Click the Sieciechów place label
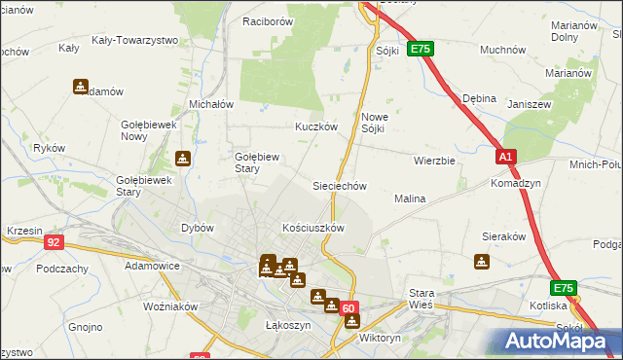click(339, 185)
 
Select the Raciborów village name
click(268, 20)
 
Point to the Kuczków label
click(316, 126)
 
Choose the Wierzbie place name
click(434, 161)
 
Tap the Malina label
click(410, 198)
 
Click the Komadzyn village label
click(516, 183)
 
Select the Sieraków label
click(504, 235)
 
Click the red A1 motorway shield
click(504, 156)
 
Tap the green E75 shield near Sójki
click(420, 48)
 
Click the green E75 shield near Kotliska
click(564, 288)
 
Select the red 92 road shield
click(54, 242)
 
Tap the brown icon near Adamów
click(80, 86)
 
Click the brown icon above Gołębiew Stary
click(182, 159)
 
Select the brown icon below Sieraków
click(481, 261)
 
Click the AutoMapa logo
click(559, 341)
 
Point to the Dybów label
click(198, 228)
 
